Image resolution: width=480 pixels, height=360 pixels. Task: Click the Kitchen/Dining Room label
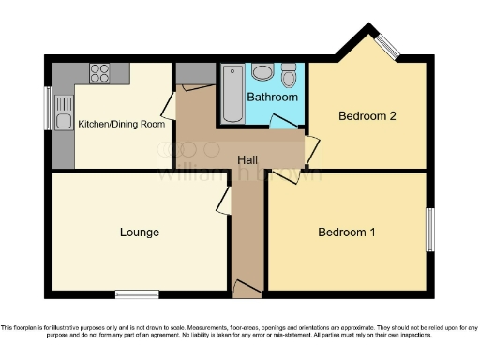[121, 124]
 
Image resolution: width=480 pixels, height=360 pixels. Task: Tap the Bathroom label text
[272, 97]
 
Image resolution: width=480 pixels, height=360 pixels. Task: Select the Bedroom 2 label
[367, 116]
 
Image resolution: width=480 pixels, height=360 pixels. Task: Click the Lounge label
[139, 232]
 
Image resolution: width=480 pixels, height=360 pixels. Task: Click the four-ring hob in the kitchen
[98, 73]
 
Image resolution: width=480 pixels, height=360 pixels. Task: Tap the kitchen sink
[64, 119]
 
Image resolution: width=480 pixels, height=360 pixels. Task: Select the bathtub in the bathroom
[232, 95]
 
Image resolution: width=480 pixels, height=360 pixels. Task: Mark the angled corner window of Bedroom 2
[387, 45]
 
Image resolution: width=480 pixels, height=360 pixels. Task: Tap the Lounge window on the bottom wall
[137, 294]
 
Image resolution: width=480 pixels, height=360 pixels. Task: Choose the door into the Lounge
[225, 199]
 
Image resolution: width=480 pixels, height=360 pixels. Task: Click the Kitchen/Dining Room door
[168, 103]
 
